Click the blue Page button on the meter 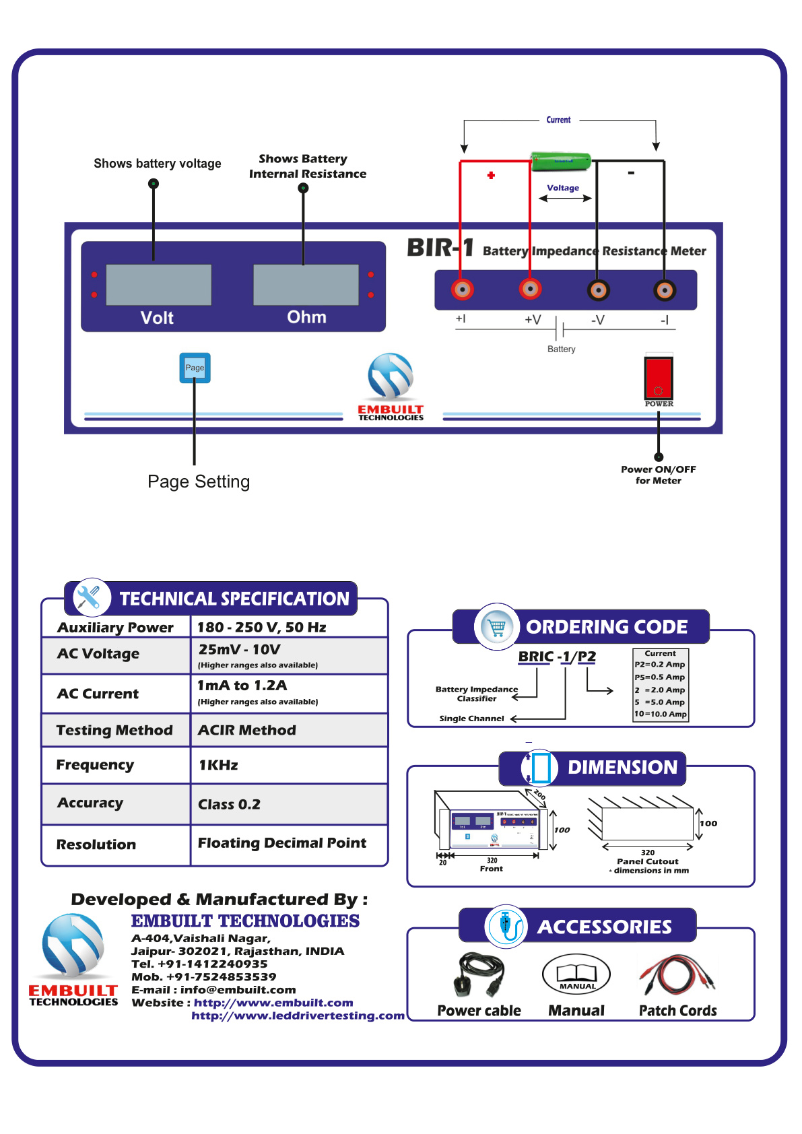[195, 368]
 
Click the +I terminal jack [463, 290]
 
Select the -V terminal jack [598, 290]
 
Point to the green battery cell [560, 161]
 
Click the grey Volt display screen [159, 284]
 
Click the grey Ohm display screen [306, 284]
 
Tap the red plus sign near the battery [491, 175]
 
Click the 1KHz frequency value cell [219, 765]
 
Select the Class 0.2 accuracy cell [230, 804]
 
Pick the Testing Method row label [114, 730]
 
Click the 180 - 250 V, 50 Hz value [262, 627]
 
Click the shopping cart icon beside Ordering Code [497, 626]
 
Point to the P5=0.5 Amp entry [660, 677]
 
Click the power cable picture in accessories [479, 974]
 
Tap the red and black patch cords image [677, 975]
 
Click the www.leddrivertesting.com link [298, 1015]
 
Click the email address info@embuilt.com [238, 989]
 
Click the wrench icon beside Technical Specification [89, 597]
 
